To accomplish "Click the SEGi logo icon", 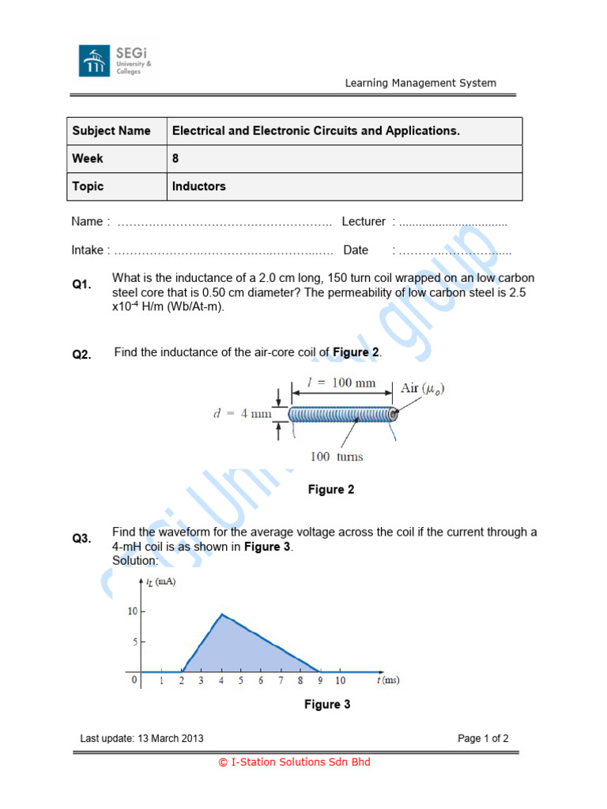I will (94, 61).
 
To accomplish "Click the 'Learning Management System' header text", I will (420, 83).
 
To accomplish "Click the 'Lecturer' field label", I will (364, 222).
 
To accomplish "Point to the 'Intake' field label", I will (88, 250).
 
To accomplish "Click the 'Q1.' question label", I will (82, 284).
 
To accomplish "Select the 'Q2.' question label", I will (82, 355).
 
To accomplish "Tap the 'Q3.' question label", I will (82, 539).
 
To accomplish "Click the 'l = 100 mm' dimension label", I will (341, 383).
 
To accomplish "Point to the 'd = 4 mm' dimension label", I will (242, 413).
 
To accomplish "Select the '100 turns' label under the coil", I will (337, 457).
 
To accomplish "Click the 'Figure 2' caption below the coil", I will (331, 490).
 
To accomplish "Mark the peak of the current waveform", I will (222, 614).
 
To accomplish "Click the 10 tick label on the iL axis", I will (132, 611).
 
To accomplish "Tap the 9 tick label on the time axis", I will (320, 680).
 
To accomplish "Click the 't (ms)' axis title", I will (387, 680).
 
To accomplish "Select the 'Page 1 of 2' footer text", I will (483, 739).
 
